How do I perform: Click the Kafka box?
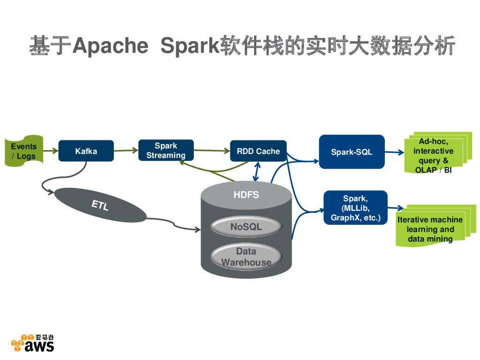pos(86,151)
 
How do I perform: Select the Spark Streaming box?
pos(166,150)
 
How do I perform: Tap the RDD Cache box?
pos(258,151)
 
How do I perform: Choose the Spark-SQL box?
pos(352,152)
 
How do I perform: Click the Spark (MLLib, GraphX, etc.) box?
pos(355,208)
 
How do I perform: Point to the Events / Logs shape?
pos(23,151)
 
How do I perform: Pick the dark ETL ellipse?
pos(100,205)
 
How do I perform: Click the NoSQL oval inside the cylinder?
pos(246,227)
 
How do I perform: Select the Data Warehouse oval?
pos(246,257)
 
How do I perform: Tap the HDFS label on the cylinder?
pos(246,195)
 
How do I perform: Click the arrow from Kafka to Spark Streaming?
pos(126,150)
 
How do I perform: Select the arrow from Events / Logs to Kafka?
pos(51,151)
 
